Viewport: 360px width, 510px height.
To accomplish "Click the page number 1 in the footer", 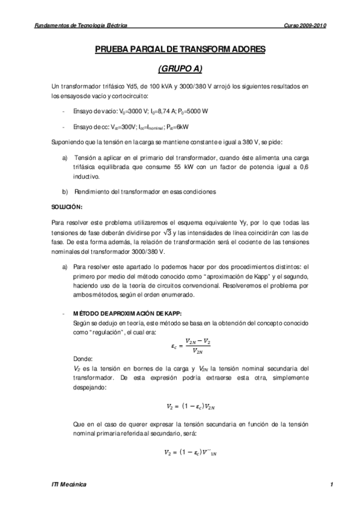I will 331,484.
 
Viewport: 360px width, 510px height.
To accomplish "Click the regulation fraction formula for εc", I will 191,345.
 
